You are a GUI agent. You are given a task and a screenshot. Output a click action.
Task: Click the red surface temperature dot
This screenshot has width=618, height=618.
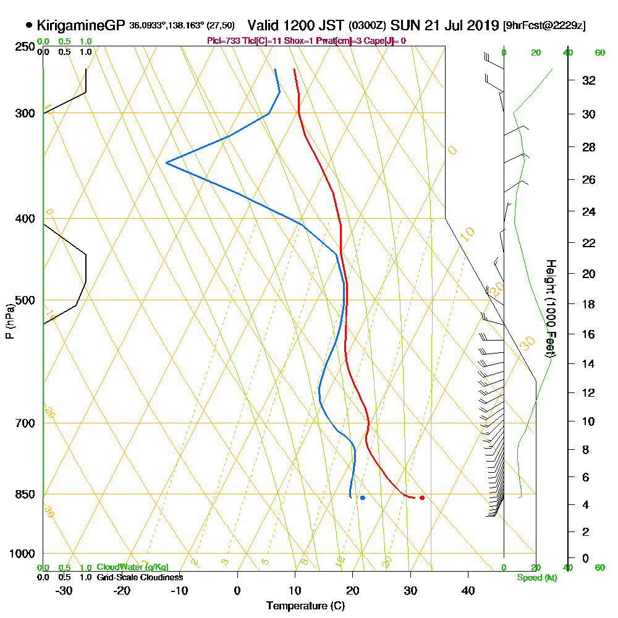422,497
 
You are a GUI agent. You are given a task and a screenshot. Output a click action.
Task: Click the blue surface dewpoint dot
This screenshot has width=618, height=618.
363,497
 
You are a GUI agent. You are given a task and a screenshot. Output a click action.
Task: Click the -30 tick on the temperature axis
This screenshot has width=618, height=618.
64,591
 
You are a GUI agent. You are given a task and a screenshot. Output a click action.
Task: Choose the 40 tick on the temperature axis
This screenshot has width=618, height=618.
468,591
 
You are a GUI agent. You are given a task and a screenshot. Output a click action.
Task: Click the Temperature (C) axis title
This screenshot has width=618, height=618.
305,606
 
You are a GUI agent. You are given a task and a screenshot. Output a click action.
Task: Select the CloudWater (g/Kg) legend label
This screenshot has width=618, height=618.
132,567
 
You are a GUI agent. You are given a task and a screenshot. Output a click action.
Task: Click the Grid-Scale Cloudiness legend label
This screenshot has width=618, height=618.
140,577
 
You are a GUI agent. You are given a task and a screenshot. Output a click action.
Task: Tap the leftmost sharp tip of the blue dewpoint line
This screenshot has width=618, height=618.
166,163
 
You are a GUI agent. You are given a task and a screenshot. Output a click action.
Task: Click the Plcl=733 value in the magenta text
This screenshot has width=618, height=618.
221,41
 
